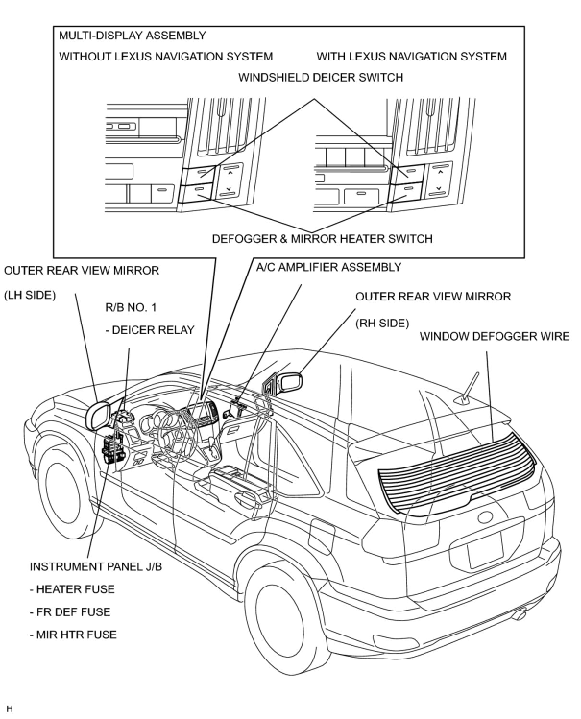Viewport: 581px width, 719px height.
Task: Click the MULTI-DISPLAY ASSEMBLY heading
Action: (132, 36)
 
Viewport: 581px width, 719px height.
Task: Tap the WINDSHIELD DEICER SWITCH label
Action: (321, 77)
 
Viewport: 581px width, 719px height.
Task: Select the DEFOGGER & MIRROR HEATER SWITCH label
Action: (322, 239)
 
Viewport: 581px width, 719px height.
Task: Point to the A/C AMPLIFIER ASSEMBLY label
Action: (329, 267)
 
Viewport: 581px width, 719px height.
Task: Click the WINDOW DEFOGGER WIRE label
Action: (495, 336)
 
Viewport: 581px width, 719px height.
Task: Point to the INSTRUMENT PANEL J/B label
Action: (96, 566)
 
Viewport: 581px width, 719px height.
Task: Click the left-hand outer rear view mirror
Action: (99, 415)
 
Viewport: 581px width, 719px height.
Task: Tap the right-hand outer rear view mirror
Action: (290, 382)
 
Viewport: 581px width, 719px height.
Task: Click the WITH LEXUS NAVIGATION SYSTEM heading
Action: (412, 57)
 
